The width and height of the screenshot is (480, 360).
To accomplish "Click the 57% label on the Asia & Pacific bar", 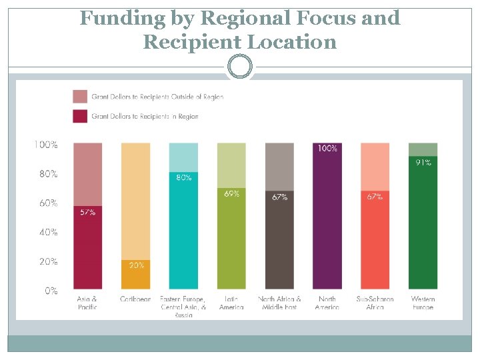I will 87,212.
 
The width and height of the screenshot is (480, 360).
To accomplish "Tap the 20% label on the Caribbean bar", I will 135,265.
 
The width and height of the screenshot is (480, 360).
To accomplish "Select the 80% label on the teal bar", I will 183,177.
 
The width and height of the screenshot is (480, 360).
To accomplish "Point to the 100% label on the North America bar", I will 327,148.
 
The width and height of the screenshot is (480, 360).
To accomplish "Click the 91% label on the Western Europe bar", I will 423,162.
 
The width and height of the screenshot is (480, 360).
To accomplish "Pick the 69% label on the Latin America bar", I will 231,193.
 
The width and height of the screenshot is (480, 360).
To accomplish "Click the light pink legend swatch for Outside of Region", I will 80,96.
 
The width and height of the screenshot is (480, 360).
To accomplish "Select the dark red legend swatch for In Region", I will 80,116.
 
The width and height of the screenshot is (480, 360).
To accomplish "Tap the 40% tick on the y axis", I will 47,232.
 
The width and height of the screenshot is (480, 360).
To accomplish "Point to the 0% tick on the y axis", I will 51,291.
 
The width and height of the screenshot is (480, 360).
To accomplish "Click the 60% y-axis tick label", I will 47,203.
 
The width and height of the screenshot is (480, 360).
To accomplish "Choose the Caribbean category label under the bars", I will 135,299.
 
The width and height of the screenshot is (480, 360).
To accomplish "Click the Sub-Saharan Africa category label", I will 375,303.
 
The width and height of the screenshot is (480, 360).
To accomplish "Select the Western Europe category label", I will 423,303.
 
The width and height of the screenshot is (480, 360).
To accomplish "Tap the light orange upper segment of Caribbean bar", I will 135,200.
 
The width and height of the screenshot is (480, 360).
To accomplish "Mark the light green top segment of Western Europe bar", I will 423,149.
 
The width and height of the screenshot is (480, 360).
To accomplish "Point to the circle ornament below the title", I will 240,67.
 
